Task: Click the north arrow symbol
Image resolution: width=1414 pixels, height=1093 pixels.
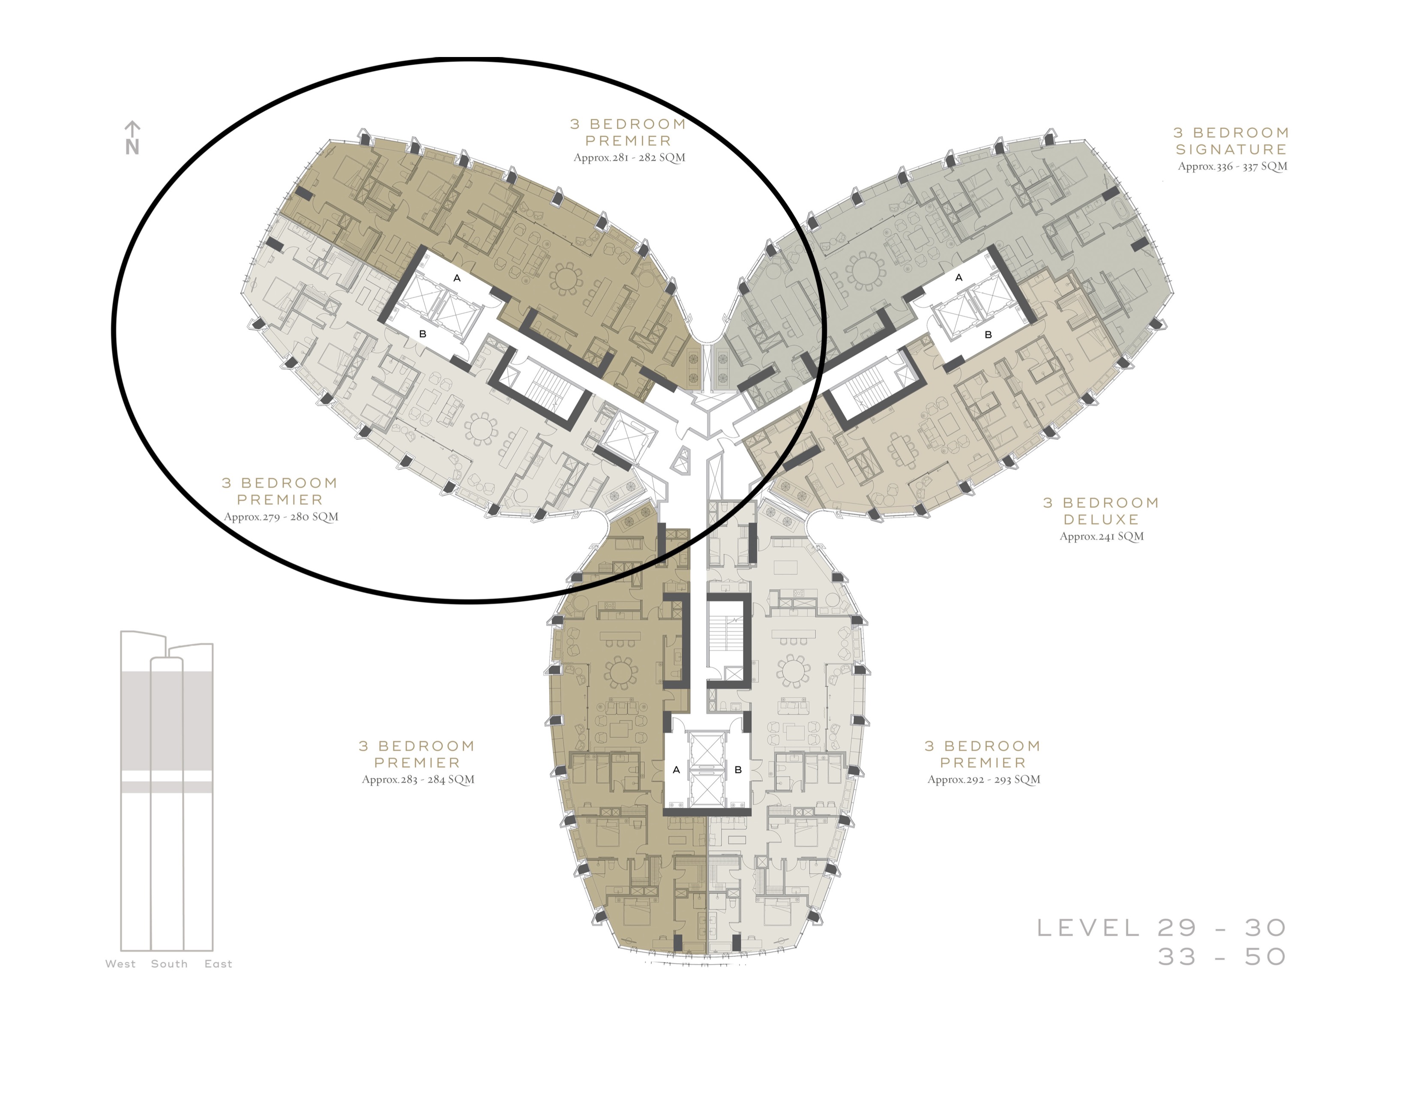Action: coord(132,137)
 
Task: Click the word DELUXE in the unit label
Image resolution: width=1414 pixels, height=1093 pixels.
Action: coord(1101,519)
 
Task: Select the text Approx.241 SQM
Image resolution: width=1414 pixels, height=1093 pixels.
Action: coord(1101,536)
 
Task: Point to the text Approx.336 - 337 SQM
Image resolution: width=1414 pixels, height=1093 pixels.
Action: coord(1232,166)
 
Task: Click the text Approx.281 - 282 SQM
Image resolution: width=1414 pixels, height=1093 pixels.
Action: coord(629,157)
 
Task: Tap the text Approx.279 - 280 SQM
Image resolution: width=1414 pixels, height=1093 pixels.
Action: coord(281,517)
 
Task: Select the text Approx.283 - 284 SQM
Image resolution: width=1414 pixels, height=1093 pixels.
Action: coord(418,780)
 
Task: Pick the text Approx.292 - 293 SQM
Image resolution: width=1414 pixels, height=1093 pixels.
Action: coord(983,780)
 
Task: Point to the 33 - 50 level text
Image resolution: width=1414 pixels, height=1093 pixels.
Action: coord(1222,956)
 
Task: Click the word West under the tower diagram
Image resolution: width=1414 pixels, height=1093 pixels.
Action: coord(120,964)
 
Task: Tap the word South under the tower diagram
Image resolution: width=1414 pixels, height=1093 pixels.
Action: coord(169,964)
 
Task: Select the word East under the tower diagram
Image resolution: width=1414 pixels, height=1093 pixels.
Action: coord(218,964)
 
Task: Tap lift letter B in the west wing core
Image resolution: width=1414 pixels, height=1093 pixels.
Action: coord(423,334)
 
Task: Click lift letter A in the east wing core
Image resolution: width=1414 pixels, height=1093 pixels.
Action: coord(959,277)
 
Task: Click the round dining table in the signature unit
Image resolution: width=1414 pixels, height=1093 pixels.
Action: coord(865,270)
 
